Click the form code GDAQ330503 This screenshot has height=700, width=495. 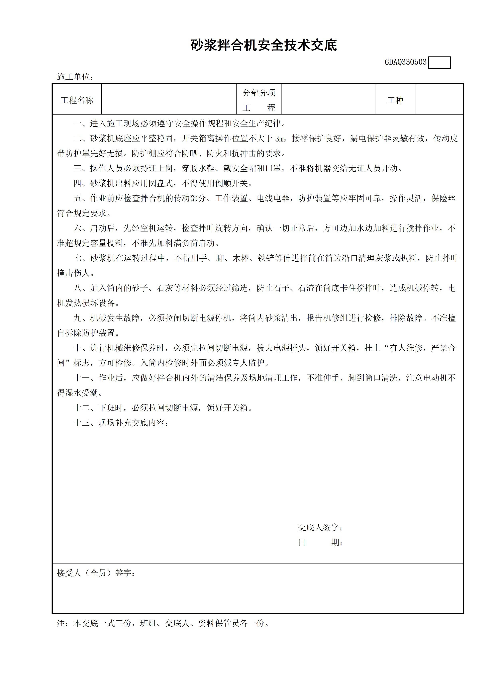[405, 62]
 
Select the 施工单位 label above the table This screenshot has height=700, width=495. [75, 77]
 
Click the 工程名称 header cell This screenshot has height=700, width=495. [77, 100]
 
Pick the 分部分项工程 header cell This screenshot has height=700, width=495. [259, 100]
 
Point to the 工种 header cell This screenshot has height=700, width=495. [395, 100]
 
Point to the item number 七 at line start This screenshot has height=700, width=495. [77, 258]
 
